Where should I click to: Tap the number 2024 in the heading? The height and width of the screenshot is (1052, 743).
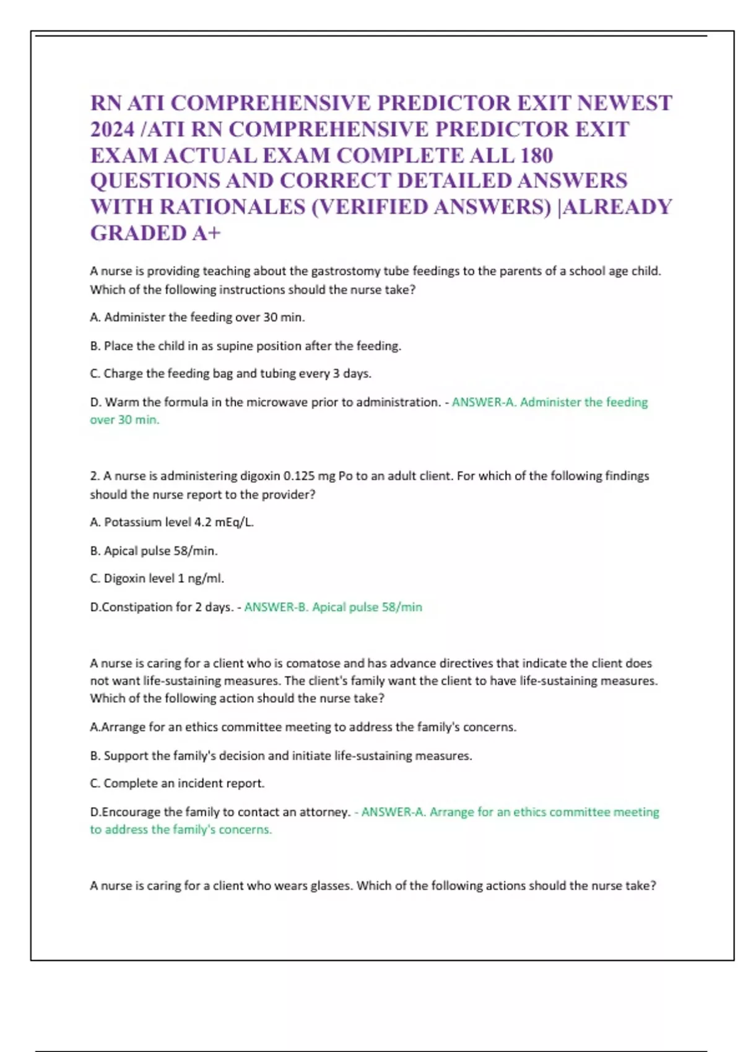coord(112,129)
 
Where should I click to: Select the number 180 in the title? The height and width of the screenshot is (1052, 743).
coord(536,155)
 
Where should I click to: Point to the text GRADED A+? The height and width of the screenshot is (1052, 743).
coord(155,233)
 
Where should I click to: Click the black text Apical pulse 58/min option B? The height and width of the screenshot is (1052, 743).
coord(160,551)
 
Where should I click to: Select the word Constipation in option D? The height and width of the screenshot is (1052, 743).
coord(137,607)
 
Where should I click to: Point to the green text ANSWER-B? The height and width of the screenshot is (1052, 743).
coord(276,607)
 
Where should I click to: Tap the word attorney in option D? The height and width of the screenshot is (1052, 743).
coord(325,812)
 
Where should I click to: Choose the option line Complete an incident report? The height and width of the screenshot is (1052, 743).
coord(183,783)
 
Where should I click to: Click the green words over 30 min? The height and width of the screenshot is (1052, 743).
coord(124,420)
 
